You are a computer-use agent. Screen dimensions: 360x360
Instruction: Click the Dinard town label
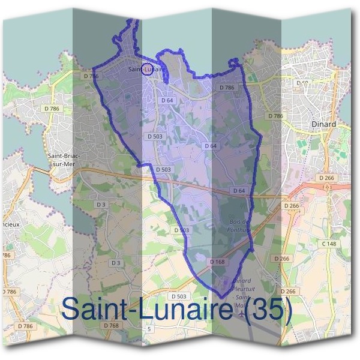point(324,124)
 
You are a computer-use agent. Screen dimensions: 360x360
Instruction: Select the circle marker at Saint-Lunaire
point(146,68)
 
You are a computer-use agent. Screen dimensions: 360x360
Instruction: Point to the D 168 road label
point(217,262)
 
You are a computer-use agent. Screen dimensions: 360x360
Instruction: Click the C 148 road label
point(329,244)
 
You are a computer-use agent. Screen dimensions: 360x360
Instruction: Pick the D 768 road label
point(110,325)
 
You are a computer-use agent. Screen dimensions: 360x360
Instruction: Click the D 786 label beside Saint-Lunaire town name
point(91,76)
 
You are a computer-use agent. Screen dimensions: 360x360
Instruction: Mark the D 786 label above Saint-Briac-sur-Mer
point(53,109)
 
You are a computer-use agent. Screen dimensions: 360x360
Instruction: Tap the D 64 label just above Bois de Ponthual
point(239,190)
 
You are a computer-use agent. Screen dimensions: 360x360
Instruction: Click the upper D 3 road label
point(101,205)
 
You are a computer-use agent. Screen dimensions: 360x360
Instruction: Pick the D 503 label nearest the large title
point(178,296)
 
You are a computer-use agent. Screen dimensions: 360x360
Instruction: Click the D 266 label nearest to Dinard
point(327,178)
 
